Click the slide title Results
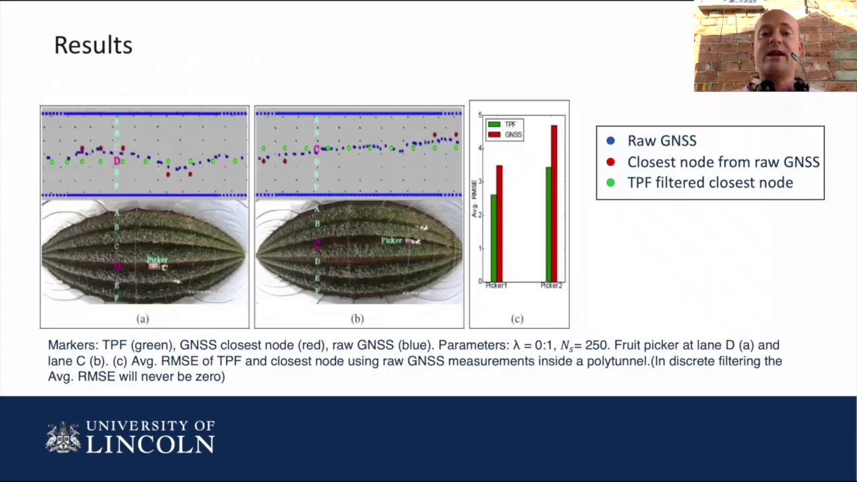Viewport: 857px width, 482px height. click(x=93, y=46)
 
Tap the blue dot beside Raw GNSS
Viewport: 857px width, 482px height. click(x=610, y=141)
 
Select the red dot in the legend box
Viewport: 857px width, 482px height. click(x=610, y=162)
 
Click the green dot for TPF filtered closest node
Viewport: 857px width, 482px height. click(x=610, y=183)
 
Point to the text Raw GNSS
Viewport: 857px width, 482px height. click(x=661, y=141)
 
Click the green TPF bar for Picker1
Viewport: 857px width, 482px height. click(x=494, y=238)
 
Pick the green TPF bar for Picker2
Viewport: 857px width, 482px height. click(x=549, y=224)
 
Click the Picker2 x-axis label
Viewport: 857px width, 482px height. click(x=551, y=286)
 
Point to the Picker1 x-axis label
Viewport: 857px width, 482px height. click(x=496, y=286)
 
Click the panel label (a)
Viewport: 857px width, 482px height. click(x=143, y=319)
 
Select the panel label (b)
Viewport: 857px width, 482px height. click(x=358, y=319)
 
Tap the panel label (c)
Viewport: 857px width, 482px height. click(x=517, y=319)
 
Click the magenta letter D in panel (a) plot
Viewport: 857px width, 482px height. click(x=117, y=161)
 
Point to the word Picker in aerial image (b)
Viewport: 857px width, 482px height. click(x=392, y=240)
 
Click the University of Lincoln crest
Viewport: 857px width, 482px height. click(x=63, y=437)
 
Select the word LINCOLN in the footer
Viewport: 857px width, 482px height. click(x=151, y=445)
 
